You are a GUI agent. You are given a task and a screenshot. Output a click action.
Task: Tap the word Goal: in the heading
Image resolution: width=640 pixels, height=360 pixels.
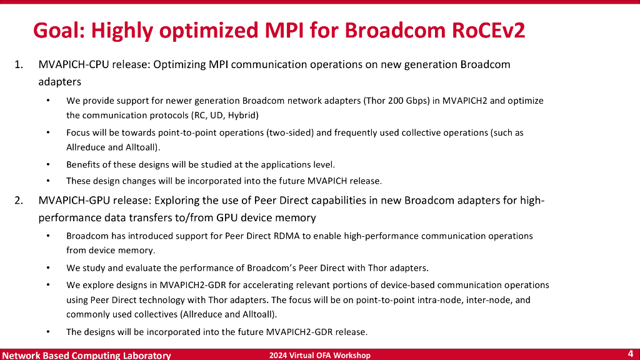[x=59, y=31]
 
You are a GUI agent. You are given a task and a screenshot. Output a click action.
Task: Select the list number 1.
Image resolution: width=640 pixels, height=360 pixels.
[x=19, y=64]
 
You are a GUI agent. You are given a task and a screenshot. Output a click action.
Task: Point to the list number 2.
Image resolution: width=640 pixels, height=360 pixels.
[x=19, y=201]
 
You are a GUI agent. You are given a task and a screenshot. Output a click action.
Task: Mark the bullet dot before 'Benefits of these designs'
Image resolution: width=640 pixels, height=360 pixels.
[x=48, y=164]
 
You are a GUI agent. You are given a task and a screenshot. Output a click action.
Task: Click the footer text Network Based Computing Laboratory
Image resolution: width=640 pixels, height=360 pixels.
[x=86, y=355]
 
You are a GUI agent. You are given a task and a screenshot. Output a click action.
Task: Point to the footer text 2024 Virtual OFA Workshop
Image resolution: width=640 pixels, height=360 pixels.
[x=319, y=356]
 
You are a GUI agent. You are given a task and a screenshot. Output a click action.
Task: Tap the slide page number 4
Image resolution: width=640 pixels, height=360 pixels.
[x=630, y=354]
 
